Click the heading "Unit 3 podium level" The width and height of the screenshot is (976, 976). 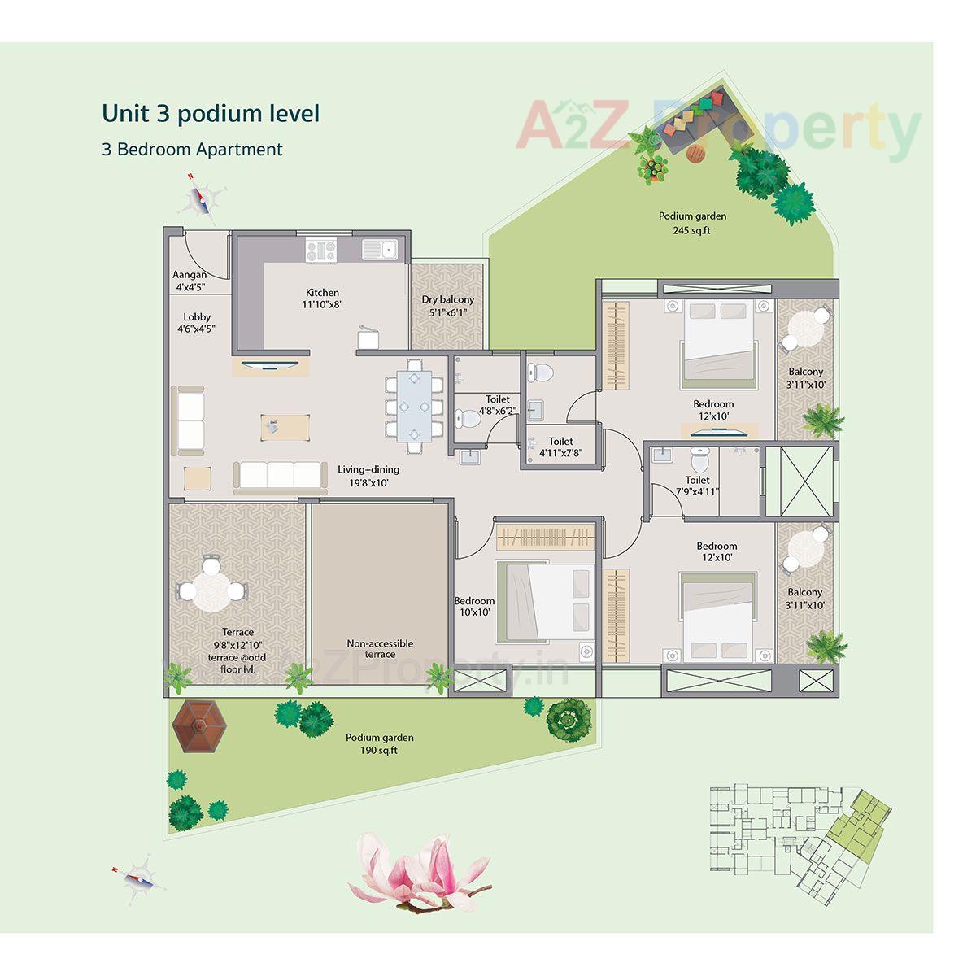pyautogui.click(x=211, y=114)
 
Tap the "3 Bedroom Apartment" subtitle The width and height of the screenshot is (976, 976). pyautogui.click(x=192, y=150)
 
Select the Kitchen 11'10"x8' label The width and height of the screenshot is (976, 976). pyautogui.click(x=322, y=298)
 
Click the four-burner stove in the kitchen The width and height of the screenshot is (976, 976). pyautogui.click(x=322, y=250)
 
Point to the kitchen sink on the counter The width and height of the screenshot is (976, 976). pyautogui.click(x=379, y=249)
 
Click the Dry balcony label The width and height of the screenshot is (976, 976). pyautogui.click(x=447, y=306)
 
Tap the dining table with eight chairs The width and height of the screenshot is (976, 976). pyautogui.click(x=414, y=404)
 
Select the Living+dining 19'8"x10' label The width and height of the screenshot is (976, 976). pyautogui.click(x=368, y=476)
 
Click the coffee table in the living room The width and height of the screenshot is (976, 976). pyautogui.click(x=285, y=426)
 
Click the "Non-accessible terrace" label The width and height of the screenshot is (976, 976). pyautogui.click(x=380, y=648)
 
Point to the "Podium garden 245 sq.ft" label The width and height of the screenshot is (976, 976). pyautogui.click(x=692, y=223)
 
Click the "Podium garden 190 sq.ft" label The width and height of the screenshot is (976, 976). pyautogui.click(x=379, y=743)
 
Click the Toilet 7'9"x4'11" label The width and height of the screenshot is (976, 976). pyautogui.click(x=697, y=486)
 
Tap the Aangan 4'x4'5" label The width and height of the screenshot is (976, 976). pyautogui.click(x=190, y=281)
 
